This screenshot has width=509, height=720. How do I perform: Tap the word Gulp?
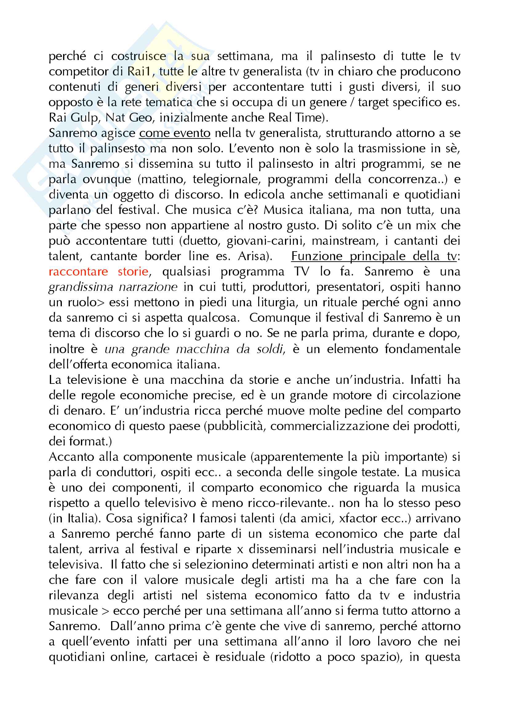tap(84, 118)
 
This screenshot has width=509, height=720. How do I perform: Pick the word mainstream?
tap(343, 241)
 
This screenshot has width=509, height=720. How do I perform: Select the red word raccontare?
tap(78, 272)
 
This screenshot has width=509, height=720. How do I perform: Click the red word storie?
tap(133, 272)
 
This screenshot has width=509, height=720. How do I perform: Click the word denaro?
tap(77, 411)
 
